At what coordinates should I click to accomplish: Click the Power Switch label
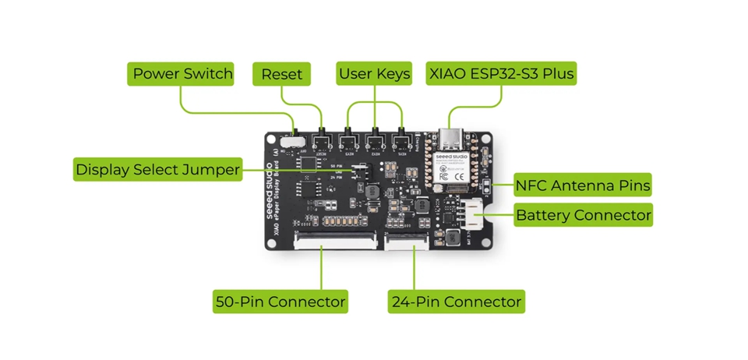[182, 74]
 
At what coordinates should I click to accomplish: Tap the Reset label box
[281, 74]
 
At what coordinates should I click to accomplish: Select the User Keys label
[374, 74]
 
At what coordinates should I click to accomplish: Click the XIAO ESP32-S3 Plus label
[502, 74]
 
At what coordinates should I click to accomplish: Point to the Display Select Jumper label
[157, 169]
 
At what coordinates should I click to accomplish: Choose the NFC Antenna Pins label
[583, 186]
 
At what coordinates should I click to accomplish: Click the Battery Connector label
[583, 214]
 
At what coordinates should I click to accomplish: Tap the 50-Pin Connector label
[280, 301]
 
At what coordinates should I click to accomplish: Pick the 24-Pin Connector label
[456, 301]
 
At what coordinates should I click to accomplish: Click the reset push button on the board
[321, 142]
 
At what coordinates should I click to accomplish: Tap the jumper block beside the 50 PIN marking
[359, 170]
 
